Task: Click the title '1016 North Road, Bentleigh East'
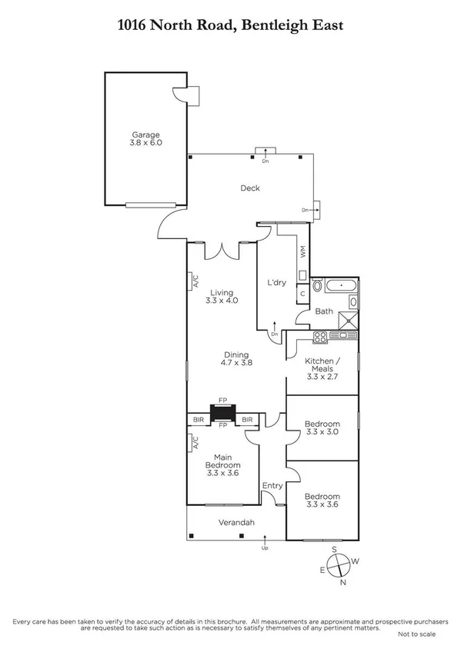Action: pos(230,25)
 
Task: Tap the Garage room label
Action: pos(145,135)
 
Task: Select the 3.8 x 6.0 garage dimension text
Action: pos(145,143)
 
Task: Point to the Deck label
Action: pos(250,188)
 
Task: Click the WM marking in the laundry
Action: pos(302,251)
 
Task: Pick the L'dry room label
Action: pos(276,282)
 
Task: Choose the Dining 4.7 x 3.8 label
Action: pos(236,358)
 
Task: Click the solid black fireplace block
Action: pos(222,412)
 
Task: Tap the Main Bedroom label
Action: pos(222,465)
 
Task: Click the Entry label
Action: pos(272,485)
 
